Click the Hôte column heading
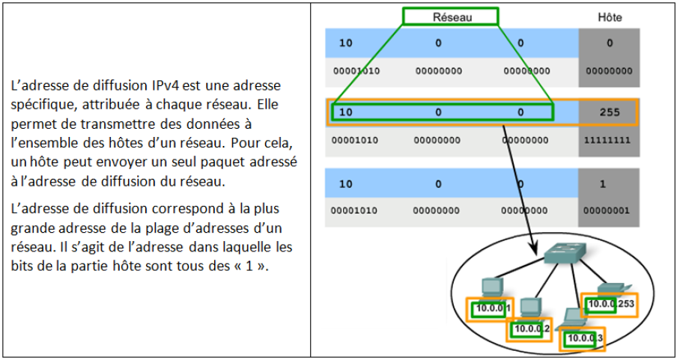(610, 16)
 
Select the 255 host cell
(610, 112)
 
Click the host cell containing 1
(610, 184)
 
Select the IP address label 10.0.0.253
(611, 304)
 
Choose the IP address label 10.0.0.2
(531, 329)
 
